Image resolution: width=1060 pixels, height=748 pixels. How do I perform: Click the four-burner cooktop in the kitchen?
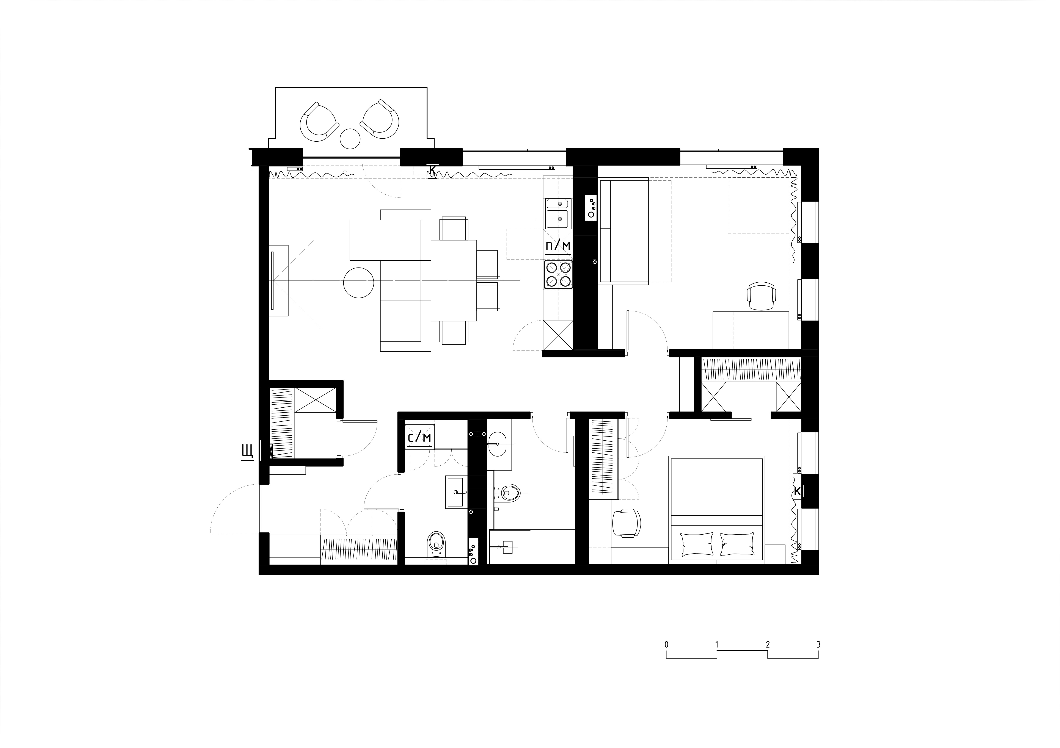tap(558, 275)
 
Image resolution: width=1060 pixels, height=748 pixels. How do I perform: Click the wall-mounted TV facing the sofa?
tap(272, 281)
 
